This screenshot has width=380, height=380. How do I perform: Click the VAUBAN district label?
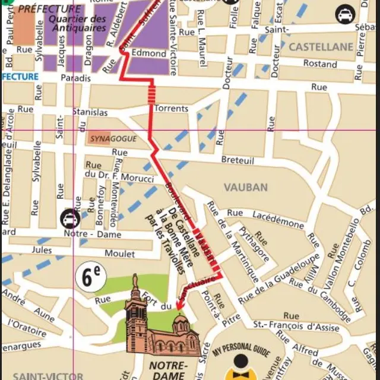click(245, 187)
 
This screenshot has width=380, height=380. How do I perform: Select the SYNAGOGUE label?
click(113, 139)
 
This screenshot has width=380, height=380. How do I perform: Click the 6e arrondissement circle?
click(91, 277)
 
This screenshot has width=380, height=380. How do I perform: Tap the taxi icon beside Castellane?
click(344, 14)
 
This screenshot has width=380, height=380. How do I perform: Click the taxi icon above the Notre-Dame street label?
click(70, 218)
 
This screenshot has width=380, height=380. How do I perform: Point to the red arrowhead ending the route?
click(177, 308)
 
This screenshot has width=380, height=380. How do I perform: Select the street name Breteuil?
click(237, 160)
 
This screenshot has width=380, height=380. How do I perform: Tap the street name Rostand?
click(320, 64)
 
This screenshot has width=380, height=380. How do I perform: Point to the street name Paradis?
click(75, 77)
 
